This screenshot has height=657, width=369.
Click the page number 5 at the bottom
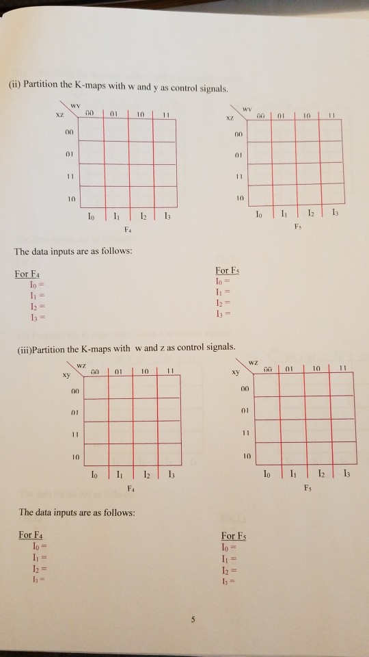[193, 620]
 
